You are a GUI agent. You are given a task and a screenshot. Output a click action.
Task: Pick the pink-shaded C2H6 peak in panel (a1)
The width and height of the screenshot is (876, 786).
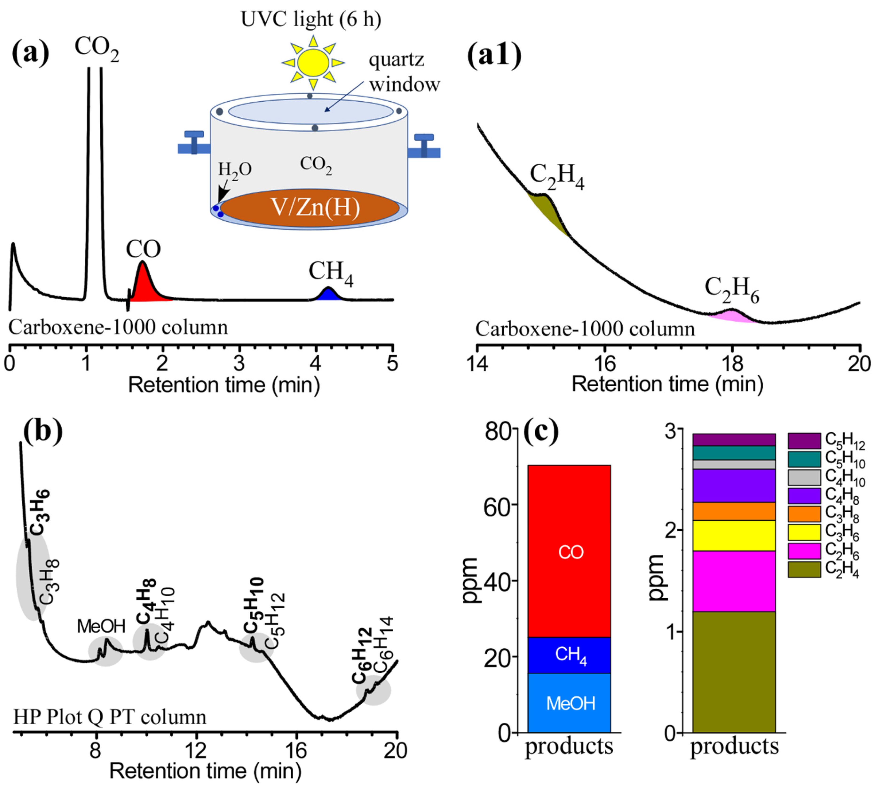click(731, 316)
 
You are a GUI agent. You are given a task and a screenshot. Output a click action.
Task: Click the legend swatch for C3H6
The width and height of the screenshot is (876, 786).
click(804, 532)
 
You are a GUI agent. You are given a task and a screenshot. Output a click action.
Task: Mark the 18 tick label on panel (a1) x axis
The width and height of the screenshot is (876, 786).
click(732, 364)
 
